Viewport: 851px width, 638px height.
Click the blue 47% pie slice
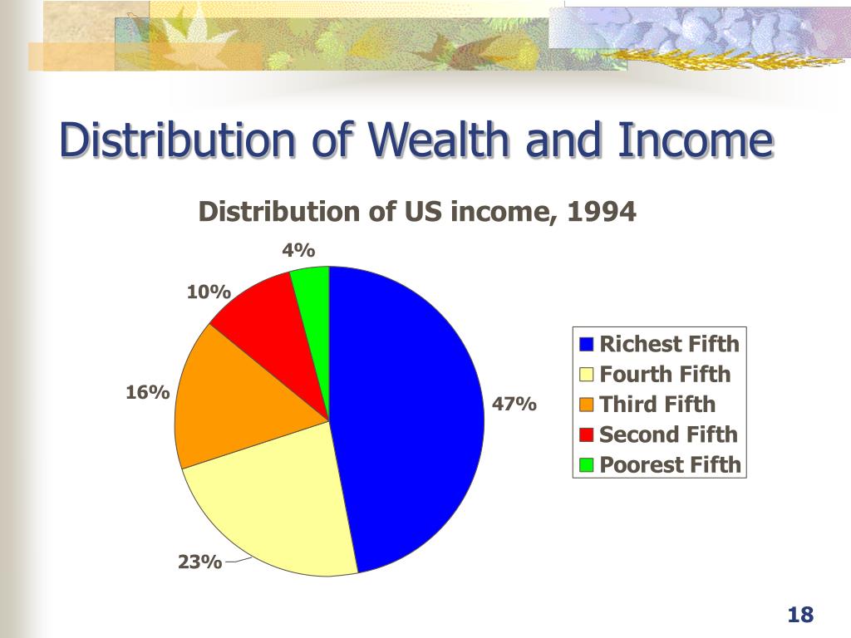pos(407,415)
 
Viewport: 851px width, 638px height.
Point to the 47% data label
pos(514,405)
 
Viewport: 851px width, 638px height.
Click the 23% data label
pos(199,562)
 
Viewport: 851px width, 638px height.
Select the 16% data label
pos(148,392)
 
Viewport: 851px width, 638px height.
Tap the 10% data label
pos(208,292)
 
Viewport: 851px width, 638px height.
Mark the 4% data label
pos(298,250)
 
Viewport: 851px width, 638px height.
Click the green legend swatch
pos(587,465)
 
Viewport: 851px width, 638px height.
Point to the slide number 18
pos(799,616)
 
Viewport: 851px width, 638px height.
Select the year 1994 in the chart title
pos(601,213)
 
